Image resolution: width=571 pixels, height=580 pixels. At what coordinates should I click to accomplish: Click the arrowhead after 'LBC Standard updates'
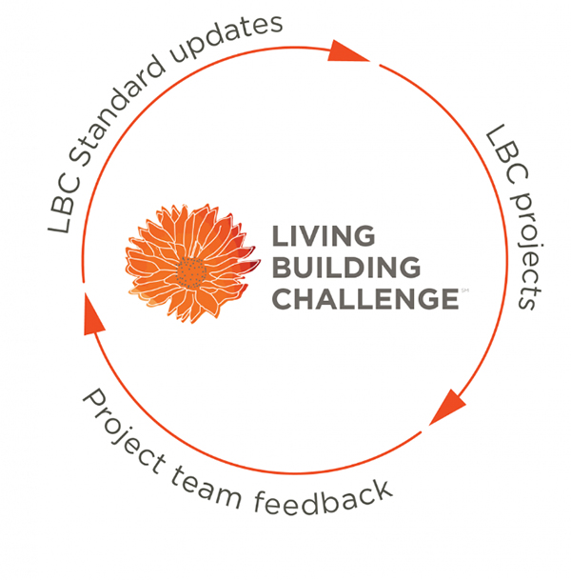345,52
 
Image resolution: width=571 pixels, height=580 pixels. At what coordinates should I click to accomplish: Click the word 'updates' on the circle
226,38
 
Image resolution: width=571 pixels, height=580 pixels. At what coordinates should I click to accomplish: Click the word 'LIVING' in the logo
324,235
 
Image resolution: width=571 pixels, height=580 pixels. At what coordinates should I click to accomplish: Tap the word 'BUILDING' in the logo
346,267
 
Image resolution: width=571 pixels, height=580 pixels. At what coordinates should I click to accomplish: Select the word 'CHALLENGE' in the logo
365,298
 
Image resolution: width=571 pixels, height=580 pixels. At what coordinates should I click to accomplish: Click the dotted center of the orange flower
191,272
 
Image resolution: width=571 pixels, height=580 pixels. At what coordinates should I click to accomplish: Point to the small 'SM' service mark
465,290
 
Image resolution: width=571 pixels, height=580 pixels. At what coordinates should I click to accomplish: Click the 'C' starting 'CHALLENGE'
284,298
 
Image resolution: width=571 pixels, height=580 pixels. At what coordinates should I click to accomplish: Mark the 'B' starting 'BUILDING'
283,267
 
